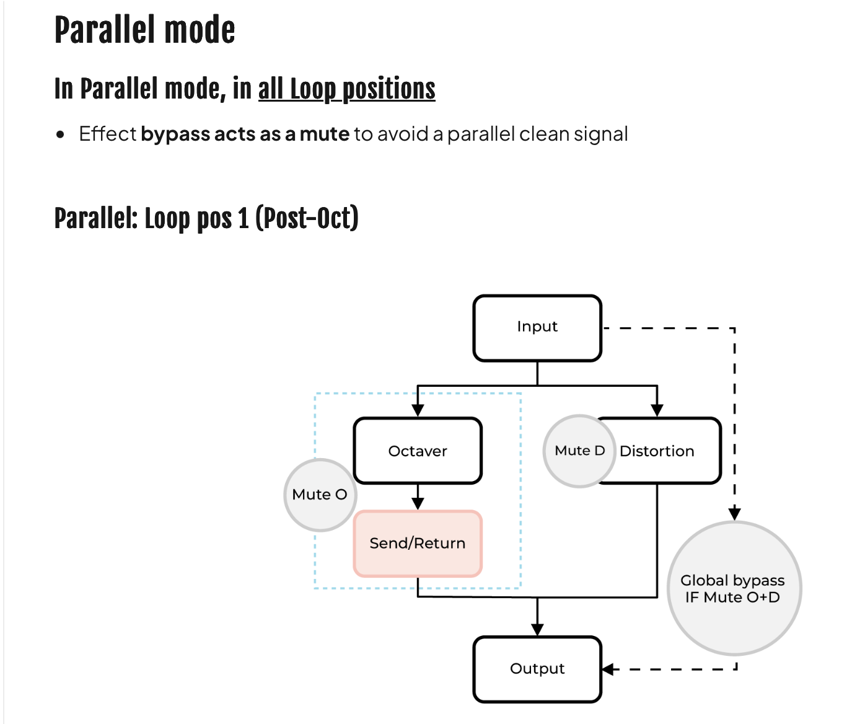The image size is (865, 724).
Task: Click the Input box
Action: pyautogui.click(x=537, y=328)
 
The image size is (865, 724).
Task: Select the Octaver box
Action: pyautogui.click(x=418, y=451)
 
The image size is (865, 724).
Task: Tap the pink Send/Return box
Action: pyautogui.click(x=418, y=544)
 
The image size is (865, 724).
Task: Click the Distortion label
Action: pyautogui.click(x=657, y=451)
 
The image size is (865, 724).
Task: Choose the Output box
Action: pyautogui.click(x=537, y=669)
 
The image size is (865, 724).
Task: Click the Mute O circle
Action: pyautogui.click(x=320, y=495)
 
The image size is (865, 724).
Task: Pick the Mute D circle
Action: pyautogui.click(x=579, y=451)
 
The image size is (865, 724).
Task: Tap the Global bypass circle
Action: pyautogui.click(x=734, y=588)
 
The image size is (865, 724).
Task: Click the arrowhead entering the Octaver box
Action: pyautogui.click(x=418, y=410)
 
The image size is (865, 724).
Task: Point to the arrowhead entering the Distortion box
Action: pyautogui.click(x=657, y=410)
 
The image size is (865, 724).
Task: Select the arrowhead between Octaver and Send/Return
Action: pyautogui.click(x=418, y=503)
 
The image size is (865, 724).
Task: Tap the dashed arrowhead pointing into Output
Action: pyautogui.click(x=608, y=669)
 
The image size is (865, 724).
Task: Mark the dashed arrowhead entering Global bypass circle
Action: pyautogui.click(x=734, y=514)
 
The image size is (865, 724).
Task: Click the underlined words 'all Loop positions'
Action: pyautogui.click(x=347, y=89)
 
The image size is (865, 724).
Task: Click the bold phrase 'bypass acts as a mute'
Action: pyautogui.click(x=245, y=135)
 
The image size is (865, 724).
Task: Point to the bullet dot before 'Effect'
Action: pyautogui.click(x=61, y=135)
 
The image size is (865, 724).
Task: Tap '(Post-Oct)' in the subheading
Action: pyautogui.click(x=307, y=218)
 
